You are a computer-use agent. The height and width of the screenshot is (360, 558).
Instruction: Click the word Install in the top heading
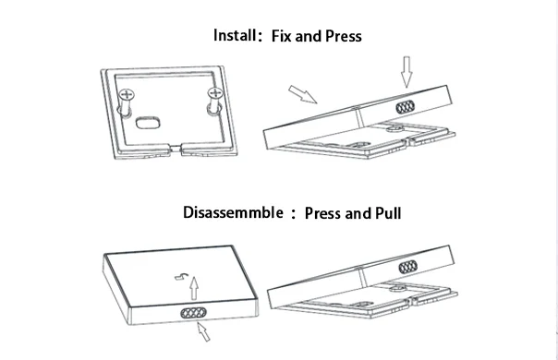(235, 35)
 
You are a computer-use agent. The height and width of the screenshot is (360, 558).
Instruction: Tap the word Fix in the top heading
(281, 36)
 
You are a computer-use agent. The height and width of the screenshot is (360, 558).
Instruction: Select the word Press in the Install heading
(344, 36)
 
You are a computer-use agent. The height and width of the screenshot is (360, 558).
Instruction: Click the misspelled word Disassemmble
(233, 212)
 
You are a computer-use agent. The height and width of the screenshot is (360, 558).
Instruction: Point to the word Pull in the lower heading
(388, 213)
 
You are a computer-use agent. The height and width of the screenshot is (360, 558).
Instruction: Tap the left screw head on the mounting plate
(127, 95)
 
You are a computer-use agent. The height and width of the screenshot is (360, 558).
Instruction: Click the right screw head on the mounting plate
(215, 93)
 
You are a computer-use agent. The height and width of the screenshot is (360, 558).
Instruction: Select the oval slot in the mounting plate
(148, 123)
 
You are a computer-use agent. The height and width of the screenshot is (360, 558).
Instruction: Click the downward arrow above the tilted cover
(406, 71)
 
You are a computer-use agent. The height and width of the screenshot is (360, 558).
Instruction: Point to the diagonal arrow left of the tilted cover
(302, 94)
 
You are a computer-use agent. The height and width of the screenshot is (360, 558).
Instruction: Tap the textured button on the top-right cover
(406, 107)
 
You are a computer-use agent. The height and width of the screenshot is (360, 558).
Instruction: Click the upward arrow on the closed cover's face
(194, 288)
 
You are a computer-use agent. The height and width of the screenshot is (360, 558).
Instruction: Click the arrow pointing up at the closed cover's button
(203, 331)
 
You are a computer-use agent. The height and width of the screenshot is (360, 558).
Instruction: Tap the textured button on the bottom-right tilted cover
(408, 267)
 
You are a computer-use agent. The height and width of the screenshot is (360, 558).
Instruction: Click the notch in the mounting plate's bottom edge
(175, 149)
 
